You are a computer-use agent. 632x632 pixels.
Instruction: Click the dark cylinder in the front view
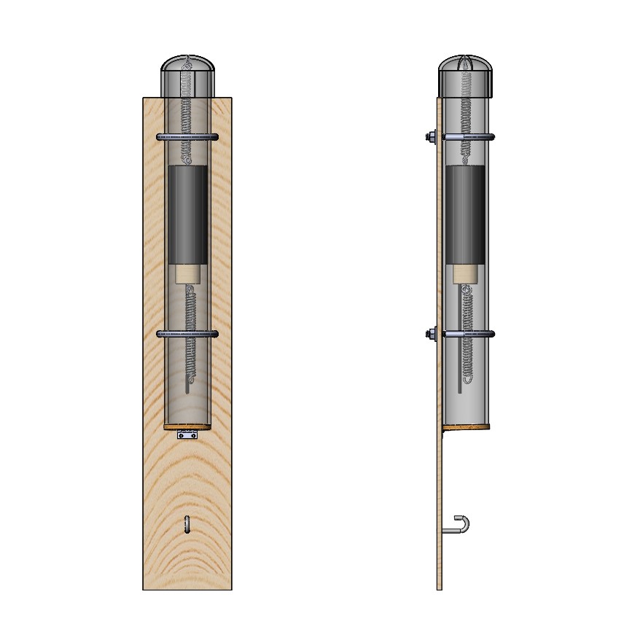[x=187, y=215]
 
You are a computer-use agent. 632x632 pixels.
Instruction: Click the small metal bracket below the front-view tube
[x=187, y=435]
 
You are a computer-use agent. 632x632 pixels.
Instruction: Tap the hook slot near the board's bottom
[x=187, y=525]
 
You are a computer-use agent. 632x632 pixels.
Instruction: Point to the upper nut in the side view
[x=431, y=136]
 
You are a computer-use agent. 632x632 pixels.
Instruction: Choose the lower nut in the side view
[x=431, y=334]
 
